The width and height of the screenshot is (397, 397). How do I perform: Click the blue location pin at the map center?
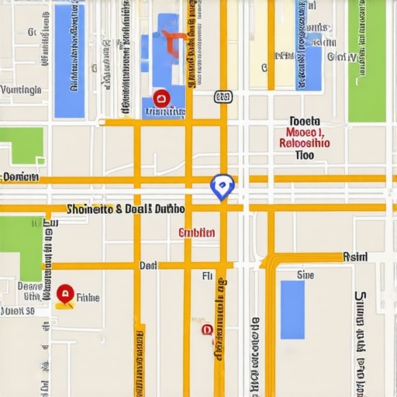point(222,186)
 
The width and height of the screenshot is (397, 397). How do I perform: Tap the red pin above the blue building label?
point(161,98)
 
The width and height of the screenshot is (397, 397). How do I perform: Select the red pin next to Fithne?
point(65,294)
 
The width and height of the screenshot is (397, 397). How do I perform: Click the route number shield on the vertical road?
point(223,96)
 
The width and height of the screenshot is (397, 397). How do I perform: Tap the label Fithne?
point(88,297)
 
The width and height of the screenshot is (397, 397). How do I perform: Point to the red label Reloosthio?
point(304,143)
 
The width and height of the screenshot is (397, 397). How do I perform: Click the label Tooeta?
point(304,121)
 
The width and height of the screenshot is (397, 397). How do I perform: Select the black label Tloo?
point(305,155)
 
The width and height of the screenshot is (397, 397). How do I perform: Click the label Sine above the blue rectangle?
point(306,274)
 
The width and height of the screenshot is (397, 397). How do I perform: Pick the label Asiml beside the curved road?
point(356,257)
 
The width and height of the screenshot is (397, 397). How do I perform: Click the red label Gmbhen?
point(197,233)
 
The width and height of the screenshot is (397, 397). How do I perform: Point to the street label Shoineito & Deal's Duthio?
point(126,209)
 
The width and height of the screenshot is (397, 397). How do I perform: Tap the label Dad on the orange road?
point(148,265)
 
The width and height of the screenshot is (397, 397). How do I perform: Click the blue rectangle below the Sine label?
point(292,309)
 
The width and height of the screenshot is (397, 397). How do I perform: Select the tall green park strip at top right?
point(366,60)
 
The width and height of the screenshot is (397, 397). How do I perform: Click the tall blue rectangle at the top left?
point(69,60)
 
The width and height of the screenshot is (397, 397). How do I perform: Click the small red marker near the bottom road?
point(206,330)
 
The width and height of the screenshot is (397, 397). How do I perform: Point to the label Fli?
point(207,275)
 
